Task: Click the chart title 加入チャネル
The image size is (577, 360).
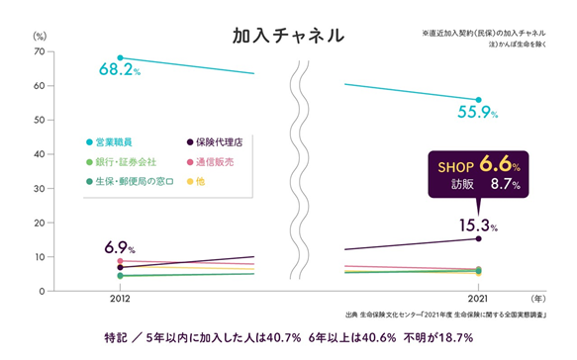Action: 289,36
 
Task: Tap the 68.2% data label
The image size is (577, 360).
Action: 120,69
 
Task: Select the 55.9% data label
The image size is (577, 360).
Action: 478,112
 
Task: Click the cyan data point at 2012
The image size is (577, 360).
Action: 120,57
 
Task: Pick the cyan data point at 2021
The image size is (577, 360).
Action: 478,100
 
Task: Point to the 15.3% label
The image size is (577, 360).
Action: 478,225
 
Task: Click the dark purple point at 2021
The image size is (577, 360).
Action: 478,238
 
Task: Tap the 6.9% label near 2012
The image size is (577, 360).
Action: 120,247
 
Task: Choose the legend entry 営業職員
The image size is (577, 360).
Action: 109,142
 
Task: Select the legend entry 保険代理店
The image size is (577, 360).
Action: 215,142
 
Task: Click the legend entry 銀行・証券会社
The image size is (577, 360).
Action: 121,162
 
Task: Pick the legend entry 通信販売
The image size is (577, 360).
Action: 210,162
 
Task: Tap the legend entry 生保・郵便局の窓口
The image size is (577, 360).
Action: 130,182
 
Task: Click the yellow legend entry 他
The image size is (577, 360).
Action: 196,182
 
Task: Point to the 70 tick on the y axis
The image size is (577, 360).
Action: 40,51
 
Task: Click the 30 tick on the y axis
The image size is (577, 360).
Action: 40,188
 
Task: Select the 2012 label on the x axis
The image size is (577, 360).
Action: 120,299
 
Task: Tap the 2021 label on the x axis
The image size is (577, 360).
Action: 478,299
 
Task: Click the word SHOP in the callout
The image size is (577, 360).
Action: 455,168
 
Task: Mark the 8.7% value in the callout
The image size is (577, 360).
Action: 505,184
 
